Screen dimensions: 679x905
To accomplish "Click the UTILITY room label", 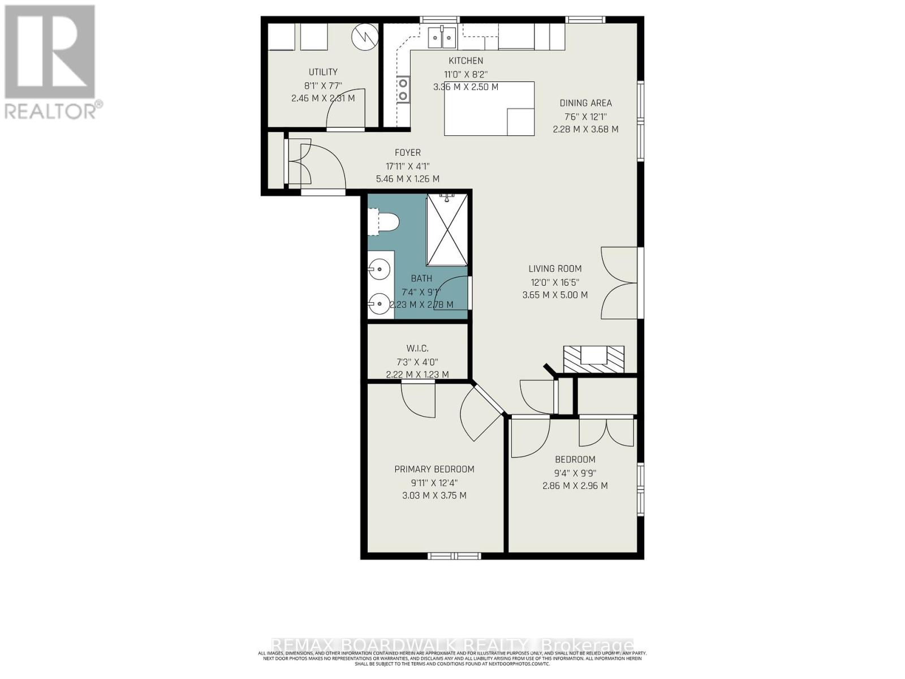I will (x=323, y=72).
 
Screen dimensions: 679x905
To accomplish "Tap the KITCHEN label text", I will (x=466, y=61).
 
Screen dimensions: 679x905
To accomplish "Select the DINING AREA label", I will (x=585, y=103).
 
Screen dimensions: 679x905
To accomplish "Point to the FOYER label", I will (x=407, y=153).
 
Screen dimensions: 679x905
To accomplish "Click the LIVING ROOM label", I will (x=555, y=269).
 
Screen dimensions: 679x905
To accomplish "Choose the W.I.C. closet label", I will (x=417, y=349).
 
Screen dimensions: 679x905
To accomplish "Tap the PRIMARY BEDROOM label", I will (x=434, y=469).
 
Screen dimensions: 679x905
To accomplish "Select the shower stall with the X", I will (x=447, y=229).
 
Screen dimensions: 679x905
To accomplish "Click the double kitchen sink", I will (x=442, y=38).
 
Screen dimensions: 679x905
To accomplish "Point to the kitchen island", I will (x=489, y=109).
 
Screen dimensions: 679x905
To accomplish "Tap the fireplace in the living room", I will (x=593, y=358).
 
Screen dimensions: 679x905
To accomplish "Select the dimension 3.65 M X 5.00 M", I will (x=555, y=295).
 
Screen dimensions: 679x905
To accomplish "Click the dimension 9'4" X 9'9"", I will (x=575, y=473).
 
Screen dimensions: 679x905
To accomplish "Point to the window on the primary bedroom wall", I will (x=454, y=556).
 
